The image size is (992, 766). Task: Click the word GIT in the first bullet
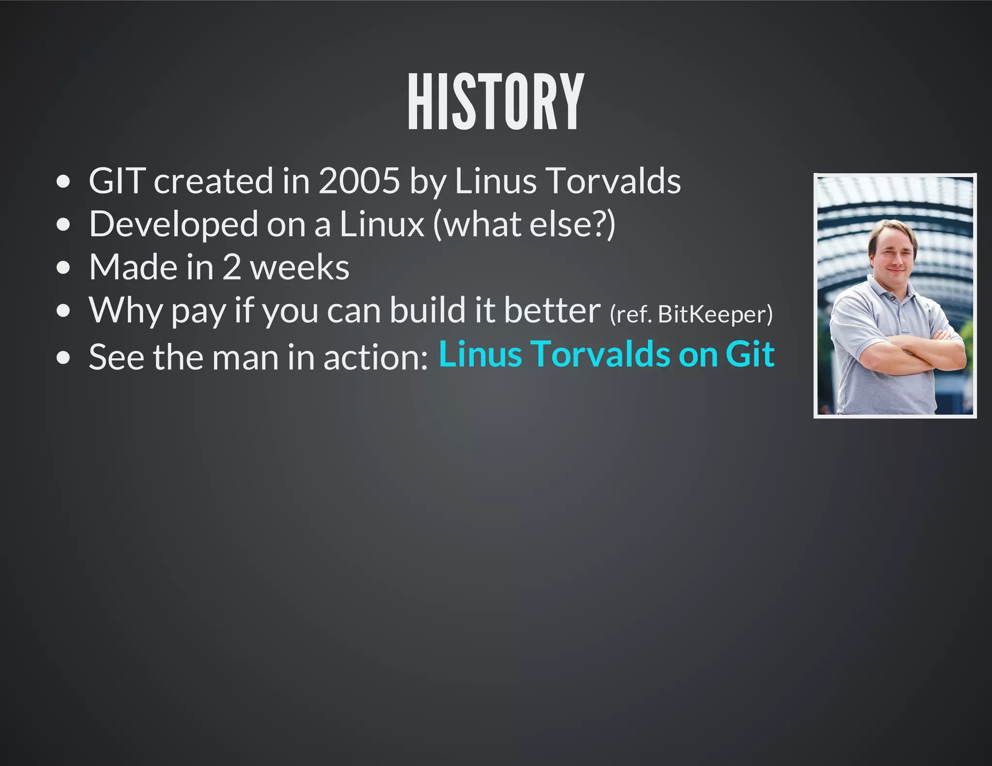(x=117, y=181)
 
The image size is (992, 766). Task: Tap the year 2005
(x=359, y=181)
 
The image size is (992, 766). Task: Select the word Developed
(x=173, y=225)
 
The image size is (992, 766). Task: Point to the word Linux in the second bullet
(x=382, y=225)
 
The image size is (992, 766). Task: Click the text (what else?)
(x=524, y=225)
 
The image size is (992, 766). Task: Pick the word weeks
(x=300, y=267)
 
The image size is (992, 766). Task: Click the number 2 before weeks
(x=232, y=267)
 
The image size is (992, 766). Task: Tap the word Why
(x=125, y=310)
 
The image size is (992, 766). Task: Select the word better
(x=552, y=310)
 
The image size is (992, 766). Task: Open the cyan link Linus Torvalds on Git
(x=606, y=354)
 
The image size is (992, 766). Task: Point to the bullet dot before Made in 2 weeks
(x=63, y=268)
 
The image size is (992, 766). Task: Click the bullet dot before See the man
(x=63, y=358)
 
